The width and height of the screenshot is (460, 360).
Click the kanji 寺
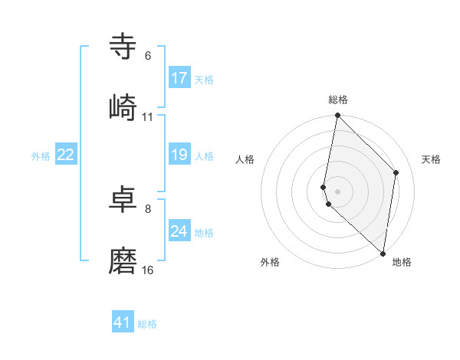click(x=123, y=47)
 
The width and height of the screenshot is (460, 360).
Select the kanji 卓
click(x=123, y=200)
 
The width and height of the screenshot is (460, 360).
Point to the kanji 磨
click(x=123, y=261)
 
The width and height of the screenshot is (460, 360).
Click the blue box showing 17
click(x=179, y=78)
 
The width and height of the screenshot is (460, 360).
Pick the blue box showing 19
click(x=179, y=155)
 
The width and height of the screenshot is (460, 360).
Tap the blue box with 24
click(x=179, y=231)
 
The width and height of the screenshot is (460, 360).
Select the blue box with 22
click(x=66, y=155)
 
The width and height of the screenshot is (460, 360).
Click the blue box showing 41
click(x=123, y=322)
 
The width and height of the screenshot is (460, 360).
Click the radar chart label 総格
click(x=338, y=100)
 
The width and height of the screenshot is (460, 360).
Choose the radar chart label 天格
click(x=432, y=159)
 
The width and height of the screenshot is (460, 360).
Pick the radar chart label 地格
click(x=402, y=263)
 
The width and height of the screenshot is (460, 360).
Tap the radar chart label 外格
click(x=270, y=263)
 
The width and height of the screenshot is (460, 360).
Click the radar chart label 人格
click(x=245, y=159)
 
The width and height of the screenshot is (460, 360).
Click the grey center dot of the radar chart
click(x=338, y=191)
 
